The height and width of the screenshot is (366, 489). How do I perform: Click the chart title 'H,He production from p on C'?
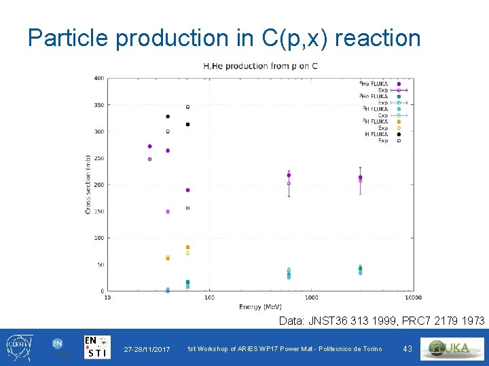(261, 66)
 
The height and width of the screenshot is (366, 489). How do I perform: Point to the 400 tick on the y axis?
(99, 79)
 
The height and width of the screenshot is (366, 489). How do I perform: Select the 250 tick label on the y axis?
(99, 158)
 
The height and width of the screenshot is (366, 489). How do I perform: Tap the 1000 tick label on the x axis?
(311, 298)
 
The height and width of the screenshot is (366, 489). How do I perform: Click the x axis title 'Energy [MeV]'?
(260, 306)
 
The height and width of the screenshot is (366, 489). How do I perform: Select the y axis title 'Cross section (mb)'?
(88, 185)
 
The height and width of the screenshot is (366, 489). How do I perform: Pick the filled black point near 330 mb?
(168, 117)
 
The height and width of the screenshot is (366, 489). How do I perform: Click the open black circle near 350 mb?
(187, 107)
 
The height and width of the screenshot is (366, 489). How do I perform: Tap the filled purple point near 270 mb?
(149, 146)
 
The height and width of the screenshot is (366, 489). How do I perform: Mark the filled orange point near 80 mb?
(187, 247)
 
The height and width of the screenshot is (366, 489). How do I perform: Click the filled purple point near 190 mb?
(187, 190)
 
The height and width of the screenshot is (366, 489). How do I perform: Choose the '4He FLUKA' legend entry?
(374, 84)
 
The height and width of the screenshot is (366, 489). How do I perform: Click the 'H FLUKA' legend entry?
(376, 134)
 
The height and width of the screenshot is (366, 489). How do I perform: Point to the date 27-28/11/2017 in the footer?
(147, 349)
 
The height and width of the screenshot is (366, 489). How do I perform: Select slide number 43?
(407, 349)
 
